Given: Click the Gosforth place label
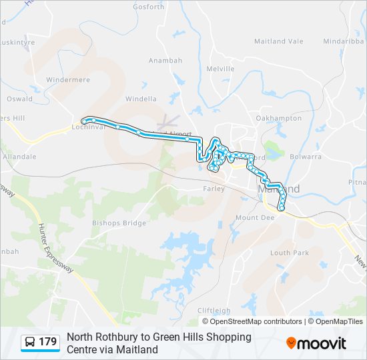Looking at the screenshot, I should tap(148, 7).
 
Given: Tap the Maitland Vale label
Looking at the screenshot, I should tap(278, 41).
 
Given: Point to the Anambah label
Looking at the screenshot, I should tap(165, 61).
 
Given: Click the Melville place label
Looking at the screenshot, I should tap(220, 69).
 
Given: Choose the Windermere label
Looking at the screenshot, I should tap(68, 80).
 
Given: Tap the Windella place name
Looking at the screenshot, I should tap(141, 99).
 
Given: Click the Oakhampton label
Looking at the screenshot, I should tap(279, 119).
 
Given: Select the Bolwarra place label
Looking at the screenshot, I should tap(306, 157).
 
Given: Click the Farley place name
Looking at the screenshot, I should tap(213, 189).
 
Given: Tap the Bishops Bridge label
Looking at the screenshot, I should tap(119, 223).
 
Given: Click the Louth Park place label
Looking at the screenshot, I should tap(290, 253).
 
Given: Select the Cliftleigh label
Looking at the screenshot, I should tap(214, 311).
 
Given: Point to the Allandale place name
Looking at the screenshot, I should tap(19, 157).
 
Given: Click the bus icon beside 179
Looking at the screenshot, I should tap(30, 342).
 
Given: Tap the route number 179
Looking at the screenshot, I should tap(48, 342).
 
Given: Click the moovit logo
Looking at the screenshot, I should tap(316, 343).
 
